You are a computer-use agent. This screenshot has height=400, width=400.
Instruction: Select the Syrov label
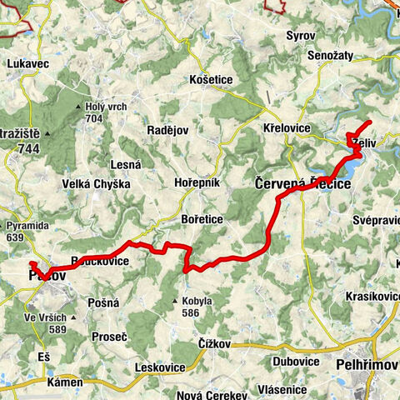coord(300,37)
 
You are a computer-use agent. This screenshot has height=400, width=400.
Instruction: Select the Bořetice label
coord(200,218)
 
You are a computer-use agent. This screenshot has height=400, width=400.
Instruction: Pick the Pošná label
coord(104,303)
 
